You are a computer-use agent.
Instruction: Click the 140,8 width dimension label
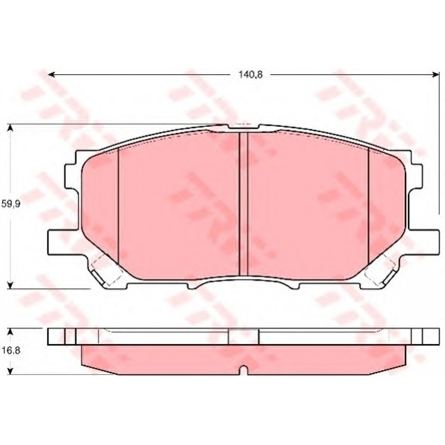(251, 75)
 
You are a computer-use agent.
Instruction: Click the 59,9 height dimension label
(11, 204)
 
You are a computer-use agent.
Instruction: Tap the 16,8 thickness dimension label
(11, 351)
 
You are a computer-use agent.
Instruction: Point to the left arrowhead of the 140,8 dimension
(51, 75)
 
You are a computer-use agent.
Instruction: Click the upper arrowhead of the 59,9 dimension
(10, 128)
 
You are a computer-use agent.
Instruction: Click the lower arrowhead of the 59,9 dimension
(10, 285)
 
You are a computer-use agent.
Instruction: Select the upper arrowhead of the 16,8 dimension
(10, 332)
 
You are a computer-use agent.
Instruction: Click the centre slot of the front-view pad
(243, 204)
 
